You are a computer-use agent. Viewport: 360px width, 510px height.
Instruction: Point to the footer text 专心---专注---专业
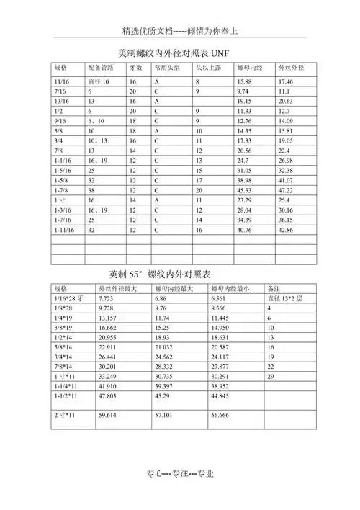point(180,473)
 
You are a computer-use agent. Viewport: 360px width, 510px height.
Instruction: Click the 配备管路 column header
point(101,67)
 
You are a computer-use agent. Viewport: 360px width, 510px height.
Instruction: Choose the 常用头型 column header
point(166,67)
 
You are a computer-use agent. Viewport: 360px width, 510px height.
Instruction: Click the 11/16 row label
point(62,82)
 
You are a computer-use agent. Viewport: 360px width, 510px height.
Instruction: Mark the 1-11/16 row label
point(65,230)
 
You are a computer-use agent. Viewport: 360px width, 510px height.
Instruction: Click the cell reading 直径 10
point(99,82)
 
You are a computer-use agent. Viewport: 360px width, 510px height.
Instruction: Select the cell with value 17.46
point(286,82)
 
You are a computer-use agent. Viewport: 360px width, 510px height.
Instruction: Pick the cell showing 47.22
point(286,190)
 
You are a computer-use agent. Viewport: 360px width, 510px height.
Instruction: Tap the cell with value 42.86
point(286,230)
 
